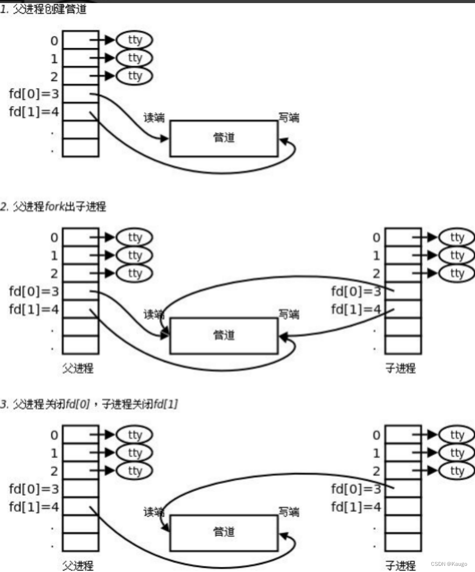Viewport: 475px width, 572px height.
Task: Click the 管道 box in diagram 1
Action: coord(224,138)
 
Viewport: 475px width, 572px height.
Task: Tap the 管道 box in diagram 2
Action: coord(224,335)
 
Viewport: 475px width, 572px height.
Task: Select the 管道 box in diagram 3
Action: coord(224,533)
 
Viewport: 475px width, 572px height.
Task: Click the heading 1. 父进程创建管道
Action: coord(44,10)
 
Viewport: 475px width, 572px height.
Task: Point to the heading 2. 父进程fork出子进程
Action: coord(53,207)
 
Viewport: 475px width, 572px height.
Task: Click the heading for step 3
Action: coord(89,405)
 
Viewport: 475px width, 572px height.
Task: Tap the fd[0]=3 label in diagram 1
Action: coord(34,94)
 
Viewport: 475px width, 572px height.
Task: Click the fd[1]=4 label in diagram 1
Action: coord(34,112)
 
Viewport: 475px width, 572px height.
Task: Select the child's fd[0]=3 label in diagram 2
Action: coord(356,291)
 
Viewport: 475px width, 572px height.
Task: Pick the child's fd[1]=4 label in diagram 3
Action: coord(356,507)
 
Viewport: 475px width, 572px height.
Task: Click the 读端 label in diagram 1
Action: coord(154,118)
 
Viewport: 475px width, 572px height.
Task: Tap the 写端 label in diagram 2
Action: coord(289,314)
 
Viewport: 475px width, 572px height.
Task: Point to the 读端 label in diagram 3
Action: coord(154,512)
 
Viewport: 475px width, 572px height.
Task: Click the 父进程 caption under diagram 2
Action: coord(78,368)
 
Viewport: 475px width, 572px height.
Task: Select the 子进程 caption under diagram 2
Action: coord(400,368)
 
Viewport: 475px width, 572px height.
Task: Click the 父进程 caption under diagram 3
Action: coord(78,565)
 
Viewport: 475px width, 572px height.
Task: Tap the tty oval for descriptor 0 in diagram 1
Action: coord(135,40)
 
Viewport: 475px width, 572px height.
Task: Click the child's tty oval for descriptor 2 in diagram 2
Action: coord(457,273)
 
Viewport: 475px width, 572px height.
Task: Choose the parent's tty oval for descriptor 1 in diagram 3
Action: coord(135,453)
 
